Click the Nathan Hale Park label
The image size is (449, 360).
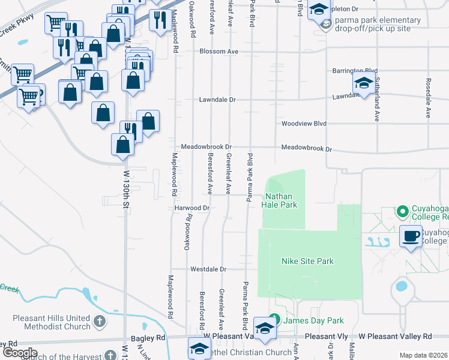pos(279,200)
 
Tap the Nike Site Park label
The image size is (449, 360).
pos(307,261)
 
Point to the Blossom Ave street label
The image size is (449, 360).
pos(219,52)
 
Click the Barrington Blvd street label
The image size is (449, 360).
pos(355,71)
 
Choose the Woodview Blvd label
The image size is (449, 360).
pos(304,124)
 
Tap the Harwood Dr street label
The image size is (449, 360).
pos(191,208)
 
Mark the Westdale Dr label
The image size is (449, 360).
pos(208,270)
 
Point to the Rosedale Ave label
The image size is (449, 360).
pos(429,96)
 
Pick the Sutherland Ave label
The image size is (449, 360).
pos(378,99)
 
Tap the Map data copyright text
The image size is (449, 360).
pos(424,355)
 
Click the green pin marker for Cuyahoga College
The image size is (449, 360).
pos(401,211)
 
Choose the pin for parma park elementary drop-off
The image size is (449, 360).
pos(326,25)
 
